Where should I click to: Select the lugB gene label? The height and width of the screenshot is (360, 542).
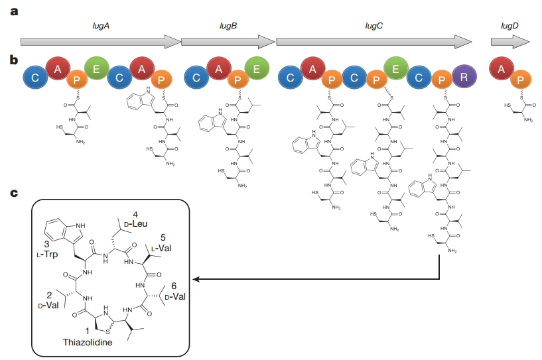228,25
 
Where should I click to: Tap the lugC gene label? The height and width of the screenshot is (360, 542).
374,25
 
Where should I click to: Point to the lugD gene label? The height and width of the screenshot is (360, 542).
509,25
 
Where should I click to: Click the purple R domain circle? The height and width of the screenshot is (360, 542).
464,77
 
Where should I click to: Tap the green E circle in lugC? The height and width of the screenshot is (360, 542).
396,68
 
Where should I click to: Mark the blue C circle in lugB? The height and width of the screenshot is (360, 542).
196,78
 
